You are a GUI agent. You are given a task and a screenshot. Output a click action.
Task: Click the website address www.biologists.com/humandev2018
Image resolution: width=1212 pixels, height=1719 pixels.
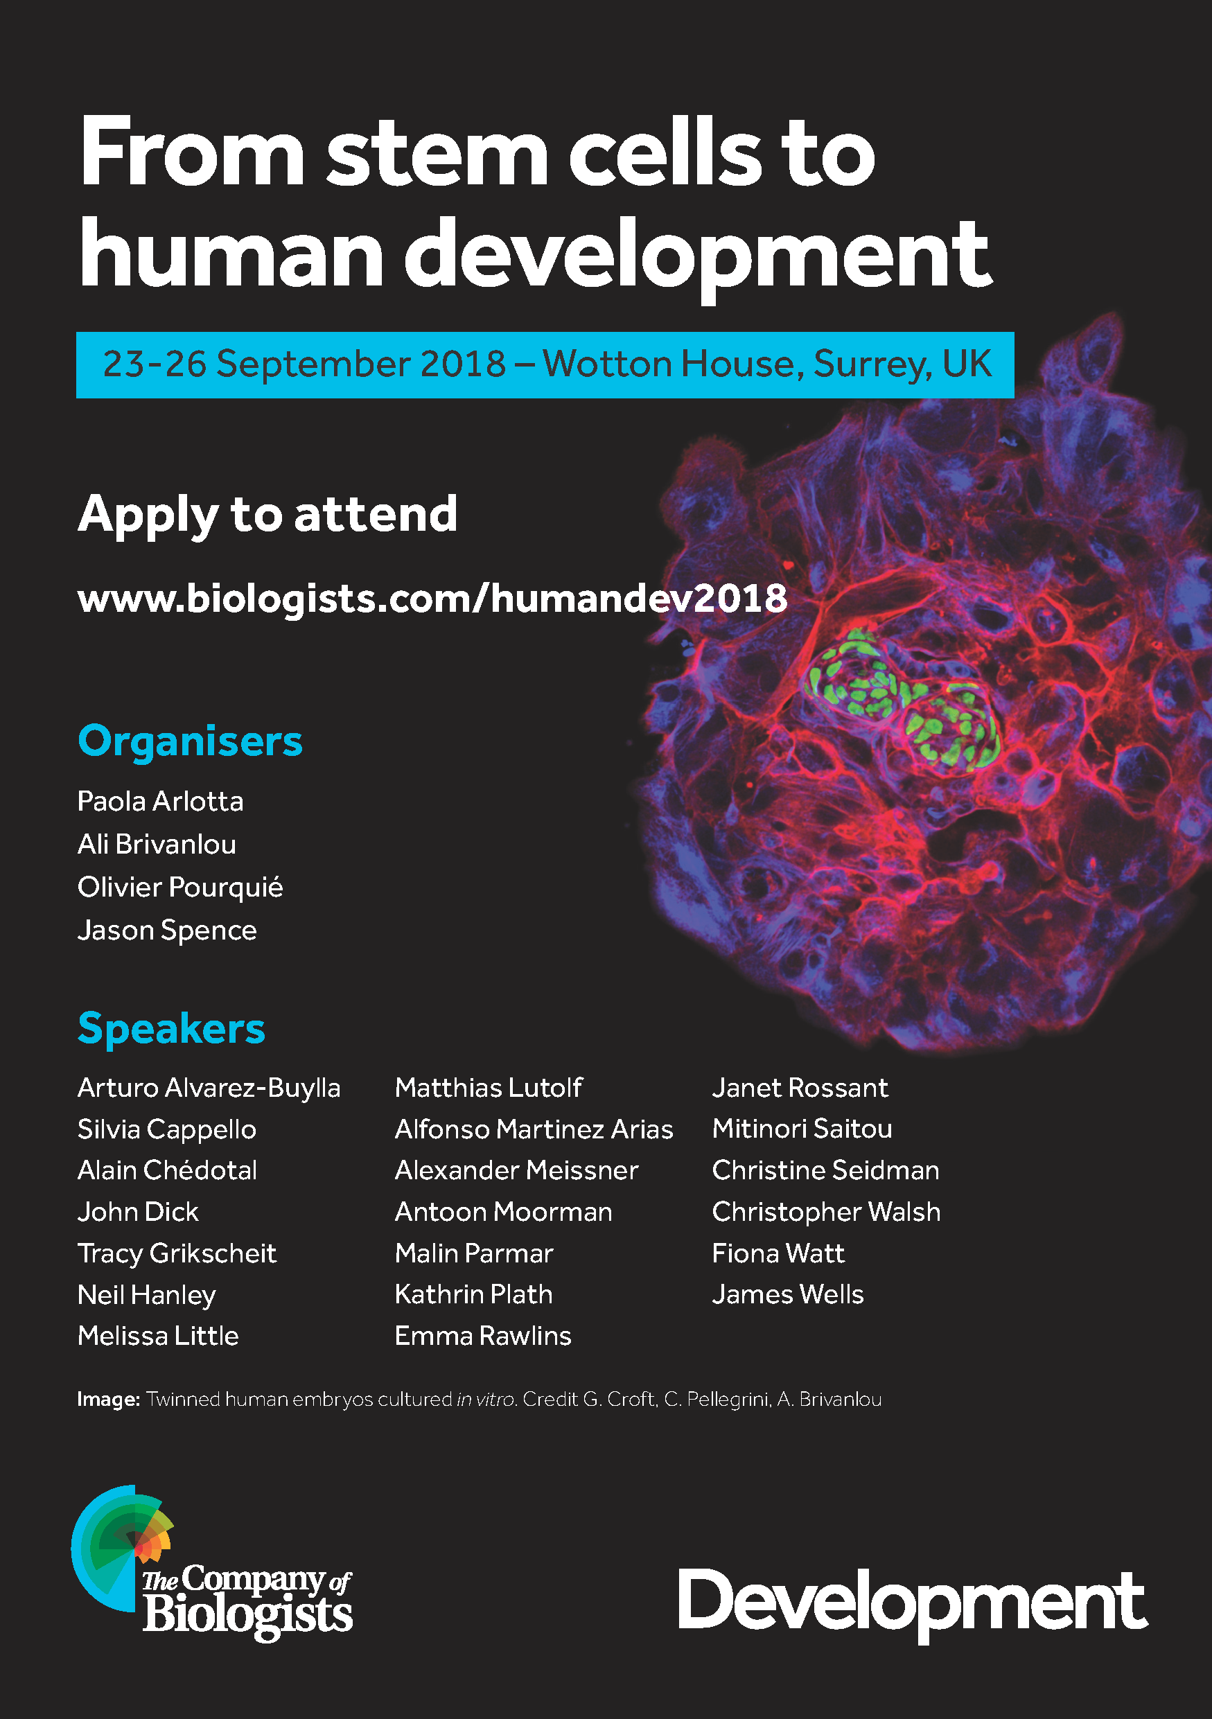click(432, 599)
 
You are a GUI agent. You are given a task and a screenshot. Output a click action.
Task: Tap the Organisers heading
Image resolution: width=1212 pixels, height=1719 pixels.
click(190, 741)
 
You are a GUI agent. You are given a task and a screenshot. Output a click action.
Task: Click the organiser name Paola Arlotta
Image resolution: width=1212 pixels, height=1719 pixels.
click(160, 802)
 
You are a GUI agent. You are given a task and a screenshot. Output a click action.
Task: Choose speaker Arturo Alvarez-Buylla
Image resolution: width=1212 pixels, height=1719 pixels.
click(209, 1088)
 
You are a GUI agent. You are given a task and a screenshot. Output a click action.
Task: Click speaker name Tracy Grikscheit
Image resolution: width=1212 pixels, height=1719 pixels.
click(177, 1254)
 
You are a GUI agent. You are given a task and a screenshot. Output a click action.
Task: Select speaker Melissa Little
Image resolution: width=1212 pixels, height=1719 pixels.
click(158, 1336)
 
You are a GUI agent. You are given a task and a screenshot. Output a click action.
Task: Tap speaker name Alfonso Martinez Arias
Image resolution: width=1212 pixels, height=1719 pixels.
click(534, 1129)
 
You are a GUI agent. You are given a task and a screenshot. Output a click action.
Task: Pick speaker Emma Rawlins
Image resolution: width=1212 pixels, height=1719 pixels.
click(483, 1336)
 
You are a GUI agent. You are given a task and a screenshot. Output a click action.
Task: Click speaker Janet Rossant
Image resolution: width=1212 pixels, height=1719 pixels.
click(800, 1088)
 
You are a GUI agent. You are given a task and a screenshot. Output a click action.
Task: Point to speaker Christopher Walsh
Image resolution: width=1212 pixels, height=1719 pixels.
click(827, 1212)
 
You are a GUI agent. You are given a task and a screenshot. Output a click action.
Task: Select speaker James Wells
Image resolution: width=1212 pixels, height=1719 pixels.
click(787, 1294)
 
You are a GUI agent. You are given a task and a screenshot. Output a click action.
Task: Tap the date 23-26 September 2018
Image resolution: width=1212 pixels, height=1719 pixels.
click(304, 364)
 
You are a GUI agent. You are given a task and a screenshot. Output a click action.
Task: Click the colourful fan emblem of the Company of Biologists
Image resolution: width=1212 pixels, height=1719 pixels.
click(122, 1546)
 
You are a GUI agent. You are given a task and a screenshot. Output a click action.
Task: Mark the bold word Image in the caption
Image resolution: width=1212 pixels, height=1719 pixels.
click(109, 1400)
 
